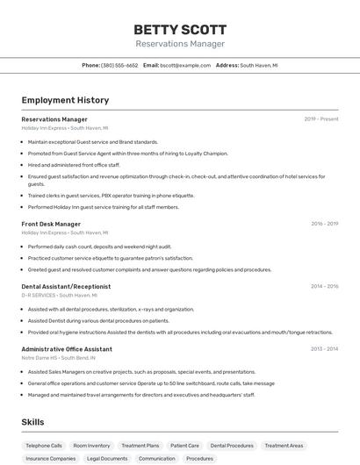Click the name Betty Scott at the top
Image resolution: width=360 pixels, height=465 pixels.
click(x=180, y=29)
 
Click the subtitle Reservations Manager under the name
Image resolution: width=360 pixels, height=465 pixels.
click(x=180, y=44)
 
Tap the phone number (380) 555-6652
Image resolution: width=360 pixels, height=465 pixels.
click(x=119, y=65)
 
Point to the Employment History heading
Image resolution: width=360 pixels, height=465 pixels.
click(x=65, y=100)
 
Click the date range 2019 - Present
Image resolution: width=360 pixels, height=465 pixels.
click(x=320, y=119)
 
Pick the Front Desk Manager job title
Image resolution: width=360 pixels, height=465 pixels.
click(x=51, y=224)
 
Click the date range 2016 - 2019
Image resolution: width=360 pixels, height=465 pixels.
click(x=324, y=224)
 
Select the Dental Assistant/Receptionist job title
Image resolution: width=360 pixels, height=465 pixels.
click(x=66, y=286)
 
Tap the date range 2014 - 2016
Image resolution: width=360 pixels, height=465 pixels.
click(x=324, y=286)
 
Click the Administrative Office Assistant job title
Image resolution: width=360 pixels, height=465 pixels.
click(x=67, y=348)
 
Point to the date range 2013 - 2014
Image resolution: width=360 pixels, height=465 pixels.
click(x=324, y=348)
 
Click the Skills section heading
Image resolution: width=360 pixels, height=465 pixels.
click(x=33, y=422)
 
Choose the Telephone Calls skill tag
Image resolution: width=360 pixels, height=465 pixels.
click(x=44, y=446)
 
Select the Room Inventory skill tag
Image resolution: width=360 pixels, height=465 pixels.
click(x=91, y=446)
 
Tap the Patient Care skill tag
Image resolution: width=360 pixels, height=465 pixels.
click(x=184, y=446)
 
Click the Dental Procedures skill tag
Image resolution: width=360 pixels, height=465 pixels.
click(x=232, y=446)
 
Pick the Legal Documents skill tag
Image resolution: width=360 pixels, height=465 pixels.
click(x=107, y=458)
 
